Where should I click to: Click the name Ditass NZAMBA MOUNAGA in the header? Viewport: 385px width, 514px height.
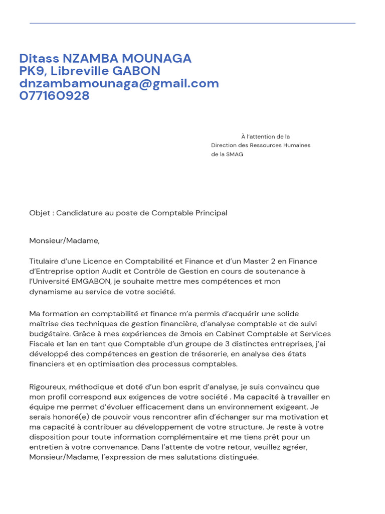105,59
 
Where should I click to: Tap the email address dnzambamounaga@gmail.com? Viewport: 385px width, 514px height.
119,83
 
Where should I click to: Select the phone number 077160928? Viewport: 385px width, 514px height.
54,96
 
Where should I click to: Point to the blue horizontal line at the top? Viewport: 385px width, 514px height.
192,23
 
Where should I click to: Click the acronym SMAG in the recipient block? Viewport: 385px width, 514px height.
235,154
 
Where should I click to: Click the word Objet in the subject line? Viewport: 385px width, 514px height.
40,213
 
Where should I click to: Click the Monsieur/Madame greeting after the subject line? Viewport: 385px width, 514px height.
64,240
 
